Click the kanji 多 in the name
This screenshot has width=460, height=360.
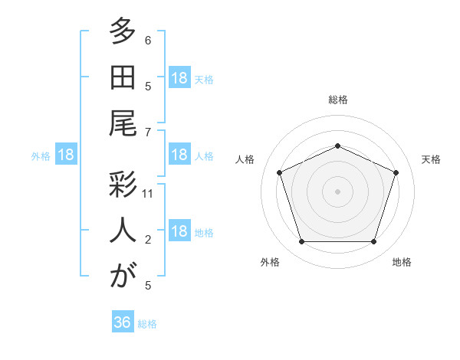coord(123,31)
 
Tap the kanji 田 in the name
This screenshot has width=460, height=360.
coord(123,77)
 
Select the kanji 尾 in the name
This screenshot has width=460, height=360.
coord(123,123)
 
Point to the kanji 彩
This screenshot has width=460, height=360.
coord(123,185)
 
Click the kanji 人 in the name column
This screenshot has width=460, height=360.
coord(123,230)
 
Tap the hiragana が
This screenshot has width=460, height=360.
coord(123,275)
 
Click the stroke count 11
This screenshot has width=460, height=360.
coord(147,194)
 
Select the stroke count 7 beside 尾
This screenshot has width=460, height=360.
coord(148,133)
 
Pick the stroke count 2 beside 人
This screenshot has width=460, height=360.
coord(148,240)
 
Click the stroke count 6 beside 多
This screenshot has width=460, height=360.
coord(148,40)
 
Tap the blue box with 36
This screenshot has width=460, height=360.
coord(123,321)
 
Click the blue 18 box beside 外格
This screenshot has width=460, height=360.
coord(66,154)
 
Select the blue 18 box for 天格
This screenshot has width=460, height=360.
coord(179,77)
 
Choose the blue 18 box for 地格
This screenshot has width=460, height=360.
coord(179,230)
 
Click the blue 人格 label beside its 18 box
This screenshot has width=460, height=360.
coord(204,156)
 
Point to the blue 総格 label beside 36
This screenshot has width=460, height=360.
coord(147,324)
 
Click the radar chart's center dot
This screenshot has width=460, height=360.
coord(337,191)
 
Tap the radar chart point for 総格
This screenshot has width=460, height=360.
coord(337,146)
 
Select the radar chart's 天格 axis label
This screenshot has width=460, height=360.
coord(431,159)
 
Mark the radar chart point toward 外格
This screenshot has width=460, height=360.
coord(302,242)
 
